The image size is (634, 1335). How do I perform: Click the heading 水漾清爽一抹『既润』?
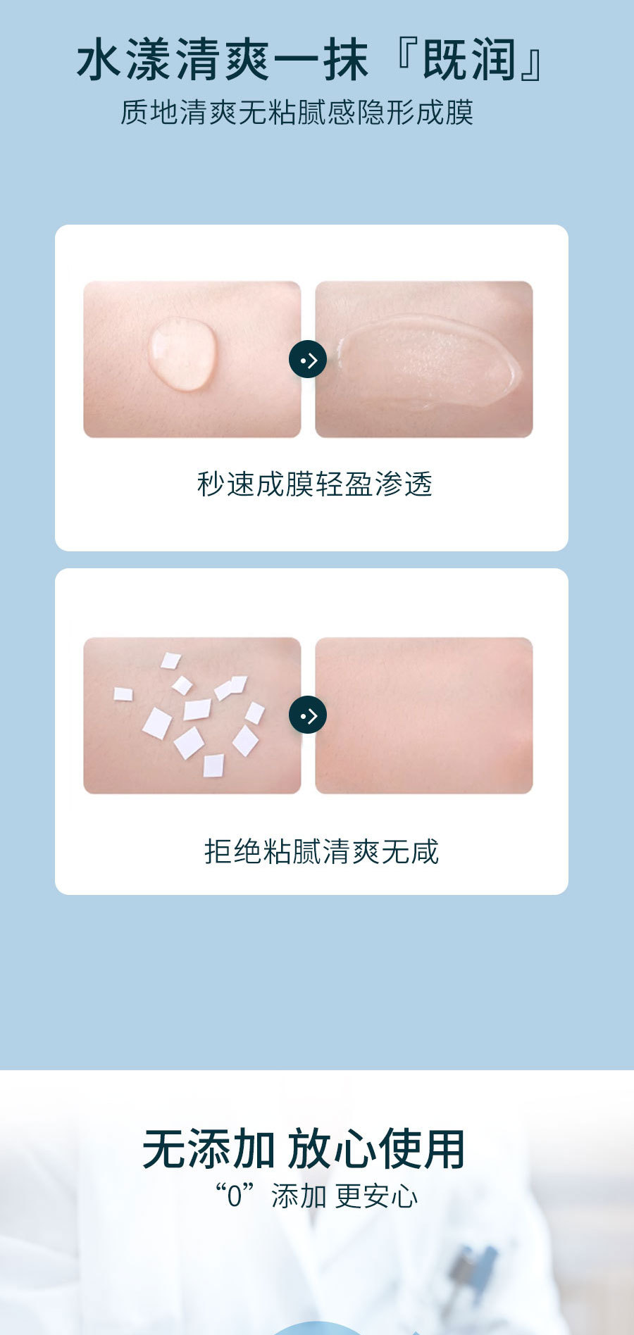click(310, 60)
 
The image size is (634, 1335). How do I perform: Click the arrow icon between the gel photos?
click(308, 360)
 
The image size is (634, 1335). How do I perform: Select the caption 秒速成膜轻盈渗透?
click(314, 484)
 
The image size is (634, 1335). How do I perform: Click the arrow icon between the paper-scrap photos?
click(308, 715)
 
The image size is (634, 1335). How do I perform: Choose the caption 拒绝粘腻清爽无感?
click(321, 851)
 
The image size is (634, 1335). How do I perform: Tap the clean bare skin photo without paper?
click(423, 715)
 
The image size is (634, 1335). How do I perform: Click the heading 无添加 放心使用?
click(304, 1148)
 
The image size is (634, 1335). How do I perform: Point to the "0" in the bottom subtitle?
click(234, 1196)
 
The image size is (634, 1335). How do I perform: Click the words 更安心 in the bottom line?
click(376, 1196)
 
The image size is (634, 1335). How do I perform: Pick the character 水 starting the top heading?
click(99, 61)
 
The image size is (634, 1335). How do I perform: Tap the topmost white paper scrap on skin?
click(170, 660)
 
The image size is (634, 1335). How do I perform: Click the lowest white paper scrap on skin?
click(213, 765)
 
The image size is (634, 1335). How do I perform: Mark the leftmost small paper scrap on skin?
click(123, 694)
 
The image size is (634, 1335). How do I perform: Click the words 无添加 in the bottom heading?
click(209, 1148)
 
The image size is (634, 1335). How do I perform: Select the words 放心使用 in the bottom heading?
click(376, 1148)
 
